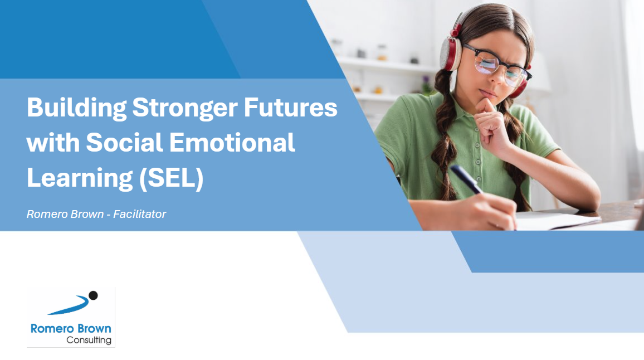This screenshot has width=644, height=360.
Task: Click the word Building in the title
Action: coord(76,108)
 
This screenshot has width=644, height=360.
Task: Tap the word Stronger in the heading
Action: coord(185,108)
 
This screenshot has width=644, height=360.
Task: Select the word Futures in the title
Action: coord(290,107)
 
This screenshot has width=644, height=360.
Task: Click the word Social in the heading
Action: coord(124,142)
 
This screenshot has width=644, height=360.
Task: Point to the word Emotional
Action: coord(232,142)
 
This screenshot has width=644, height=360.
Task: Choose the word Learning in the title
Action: coord(80,178)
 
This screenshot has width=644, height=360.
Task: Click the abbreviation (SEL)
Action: coord(171,178)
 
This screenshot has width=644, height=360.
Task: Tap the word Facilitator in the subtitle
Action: coord(140,214)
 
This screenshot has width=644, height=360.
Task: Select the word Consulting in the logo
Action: coord(89,340)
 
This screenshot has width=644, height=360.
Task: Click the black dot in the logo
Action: coord(93,295)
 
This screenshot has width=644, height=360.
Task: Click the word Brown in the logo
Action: coord(95,329)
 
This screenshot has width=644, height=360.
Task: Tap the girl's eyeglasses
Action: coord(496,66)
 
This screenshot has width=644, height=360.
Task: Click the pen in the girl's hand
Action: coord(467,179)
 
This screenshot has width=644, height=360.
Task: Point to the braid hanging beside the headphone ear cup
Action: coord(443,135)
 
